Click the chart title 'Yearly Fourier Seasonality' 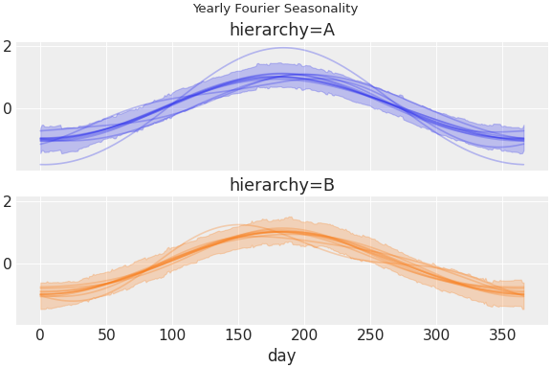click(275, 9)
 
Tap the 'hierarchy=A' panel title click(282, 31)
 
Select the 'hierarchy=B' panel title click(282, 185)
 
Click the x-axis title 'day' click(282, 356)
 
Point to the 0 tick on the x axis click(40, 334)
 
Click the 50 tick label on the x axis click(106, 334)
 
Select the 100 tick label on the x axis click(172, 334)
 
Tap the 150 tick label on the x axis click(238, 334)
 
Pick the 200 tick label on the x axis click(304, 334)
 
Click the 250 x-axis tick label click(370, 334)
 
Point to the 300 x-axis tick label click(436, 334)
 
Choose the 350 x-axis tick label click(502, 334)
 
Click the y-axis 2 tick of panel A click(7, 46)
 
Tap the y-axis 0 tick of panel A click(7, 108)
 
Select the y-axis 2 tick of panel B click(7, 201)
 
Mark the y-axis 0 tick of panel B click(7, 264)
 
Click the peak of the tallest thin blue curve click(282, 48)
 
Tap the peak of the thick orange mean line click(282, 231)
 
